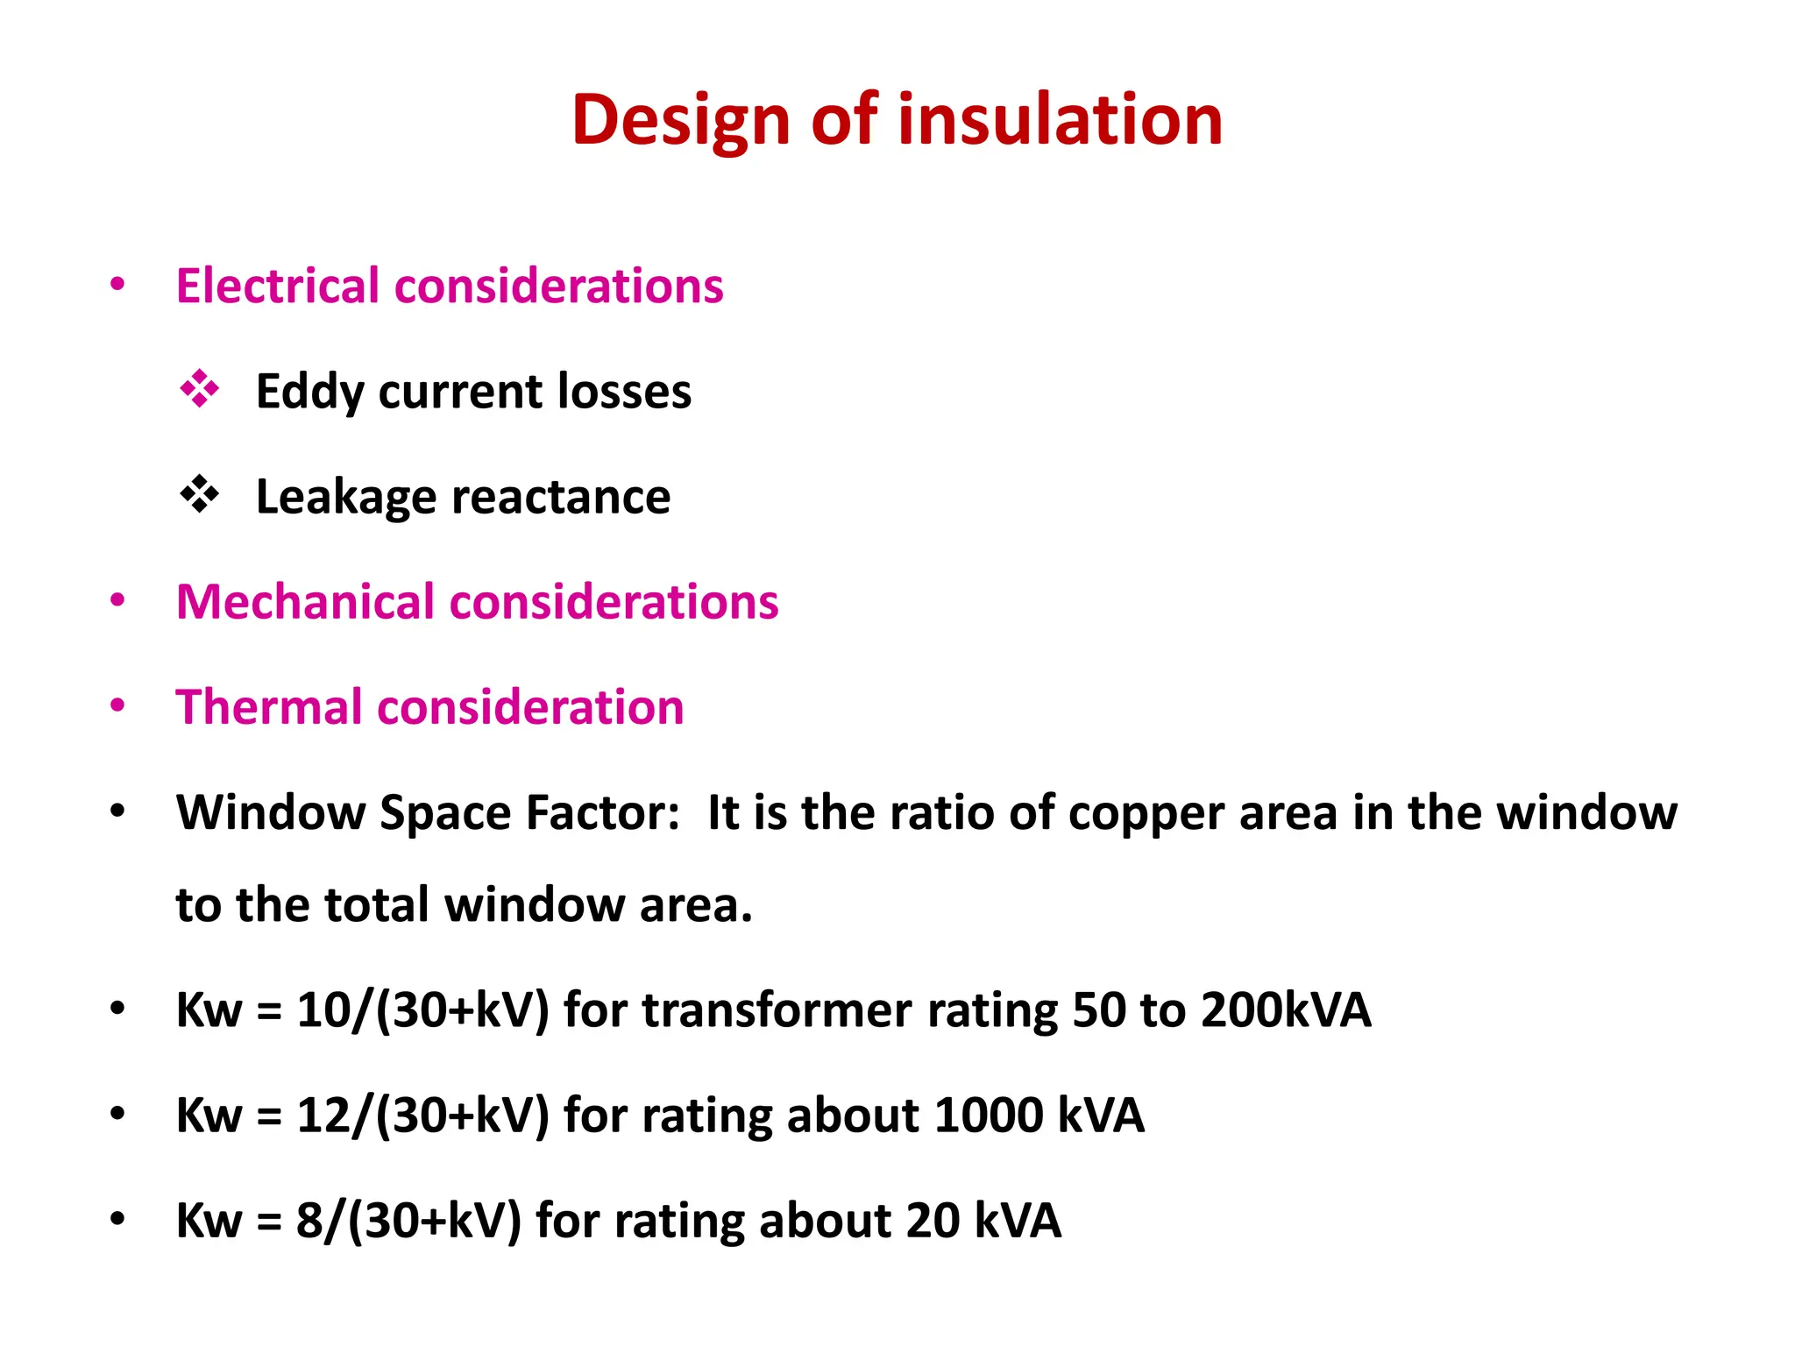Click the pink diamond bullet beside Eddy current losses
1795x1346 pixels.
(200, 389)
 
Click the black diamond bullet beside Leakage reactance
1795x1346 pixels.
(200, 494)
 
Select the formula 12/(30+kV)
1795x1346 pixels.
(423, 1116)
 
